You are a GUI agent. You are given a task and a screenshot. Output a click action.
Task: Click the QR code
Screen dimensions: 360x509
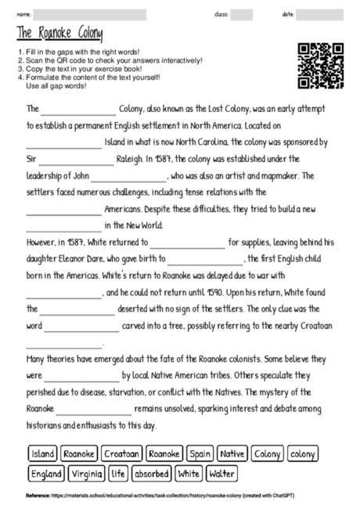pos(321,66)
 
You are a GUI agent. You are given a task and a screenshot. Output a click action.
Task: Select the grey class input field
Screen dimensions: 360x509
pos(242,14)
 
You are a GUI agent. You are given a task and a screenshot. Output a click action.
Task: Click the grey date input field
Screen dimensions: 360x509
pos(321,14)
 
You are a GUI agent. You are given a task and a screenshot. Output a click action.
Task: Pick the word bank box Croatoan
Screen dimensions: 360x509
pos(121,453)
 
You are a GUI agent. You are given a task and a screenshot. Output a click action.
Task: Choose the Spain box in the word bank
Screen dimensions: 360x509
pos(200,453)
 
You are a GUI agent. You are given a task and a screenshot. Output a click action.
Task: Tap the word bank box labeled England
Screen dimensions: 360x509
pos(46,474)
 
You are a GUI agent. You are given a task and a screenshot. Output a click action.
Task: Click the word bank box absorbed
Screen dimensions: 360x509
pos(151,474)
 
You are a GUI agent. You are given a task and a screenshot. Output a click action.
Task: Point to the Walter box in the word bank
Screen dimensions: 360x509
pos(222,474)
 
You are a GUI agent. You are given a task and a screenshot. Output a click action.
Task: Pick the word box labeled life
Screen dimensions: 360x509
pos(118,474)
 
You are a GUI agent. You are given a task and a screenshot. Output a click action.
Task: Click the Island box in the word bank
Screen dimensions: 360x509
pos(42,453)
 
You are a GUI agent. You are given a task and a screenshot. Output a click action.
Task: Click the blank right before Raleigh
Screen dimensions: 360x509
pos(76,157)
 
